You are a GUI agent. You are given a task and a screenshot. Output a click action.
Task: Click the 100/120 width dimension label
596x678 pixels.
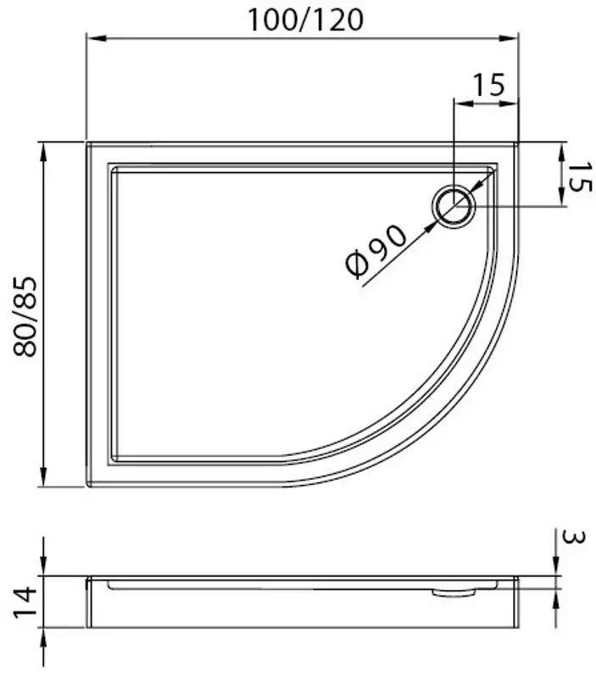point(305,19)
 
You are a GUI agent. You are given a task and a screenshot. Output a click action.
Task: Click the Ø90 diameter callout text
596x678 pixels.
point(377,252)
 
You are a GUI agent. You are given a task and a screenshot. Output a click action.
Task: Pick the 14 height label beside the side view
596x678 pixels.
point(25,602)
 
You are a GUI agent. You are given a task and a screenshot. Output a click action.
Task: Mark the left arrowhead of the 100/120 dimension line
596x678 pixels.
point(92,38)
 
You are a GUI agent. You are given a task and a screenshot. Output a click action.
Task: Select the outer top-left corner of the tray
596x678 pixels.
point(88,143)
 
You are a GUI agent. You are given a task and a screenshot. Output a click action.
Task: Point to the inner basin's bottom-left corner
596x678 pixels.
point(113,461)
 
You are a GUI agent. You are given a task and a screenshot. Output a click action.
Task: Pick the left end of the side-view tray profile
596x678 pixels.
point(88,602)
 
